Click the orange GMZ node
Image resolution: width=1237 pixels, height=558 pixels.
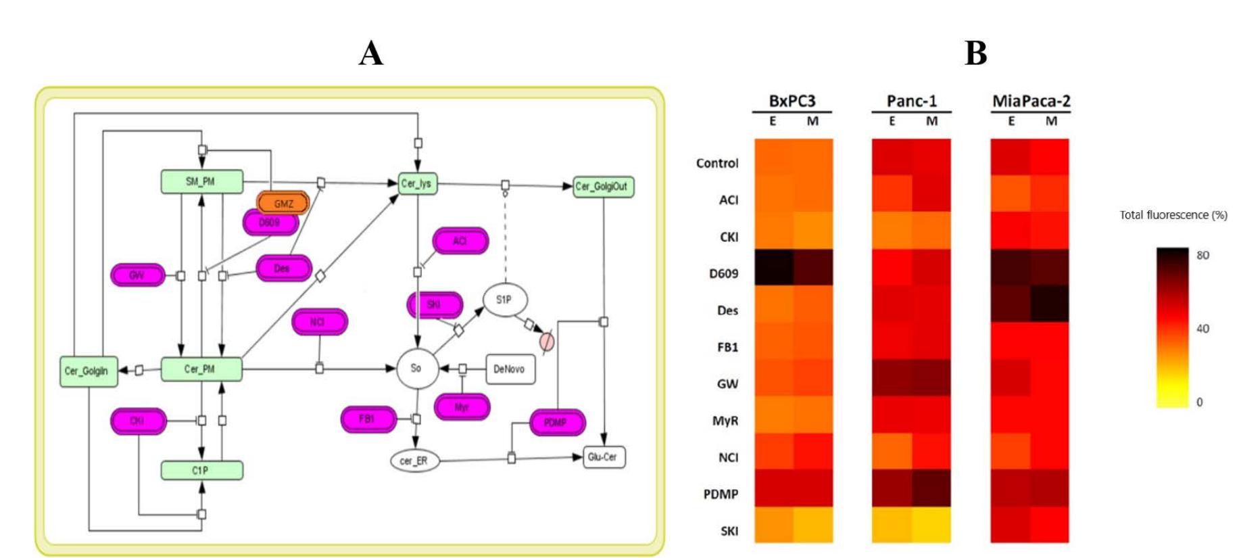coord(283,203)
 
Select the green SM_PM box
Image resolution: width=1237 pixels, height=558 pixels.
coord(201,181)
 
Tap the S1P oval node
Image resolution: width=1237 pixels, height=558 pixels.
coord(504,300)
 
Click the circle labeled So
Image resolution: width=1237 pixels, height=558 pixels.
coord(416,368)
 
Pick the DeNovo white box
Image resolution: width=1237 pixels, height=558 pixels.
coord(510,369)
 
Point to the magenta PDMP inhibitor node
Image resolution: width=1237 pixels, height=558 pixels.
coord(556,423)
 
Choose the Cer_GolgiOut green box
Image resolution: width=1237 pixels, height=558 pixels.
coord(602,186)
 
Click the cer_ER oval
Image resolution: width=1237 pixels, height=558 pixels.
coord(414,461)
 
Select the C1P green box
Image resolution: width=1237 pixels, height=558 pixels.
coord(201,470)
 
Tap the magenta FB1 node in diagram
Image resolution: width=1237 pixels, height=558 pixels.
coord(367,419)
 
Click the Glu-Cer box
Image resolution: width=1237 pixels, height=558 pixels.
coord(603,457)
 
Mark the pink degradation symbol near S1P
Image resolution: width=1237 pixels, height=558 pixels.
coord(547,342)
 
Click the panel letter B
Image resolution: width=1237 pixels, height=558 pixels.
coord(975,53)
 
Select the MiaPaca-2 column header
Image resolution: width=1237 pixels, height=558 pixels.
coord(1031,101)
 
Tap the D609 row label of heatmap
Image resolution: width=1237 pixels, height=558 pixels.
coord(723,274)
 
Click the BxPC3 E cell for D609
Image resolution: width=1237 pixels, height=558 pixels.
coord(773,267)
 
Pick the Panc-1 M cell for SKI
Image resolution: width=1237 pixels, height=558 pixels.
coord(931,524)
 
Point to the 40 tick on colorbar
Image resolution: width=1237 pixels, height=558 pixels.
coord(1203,329)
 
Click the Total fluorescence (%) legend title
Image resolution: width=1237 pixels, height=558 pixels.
coord(1173,215)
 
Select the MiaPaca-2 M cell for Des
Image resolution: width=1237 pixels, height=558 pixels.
coord(1050,304)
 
